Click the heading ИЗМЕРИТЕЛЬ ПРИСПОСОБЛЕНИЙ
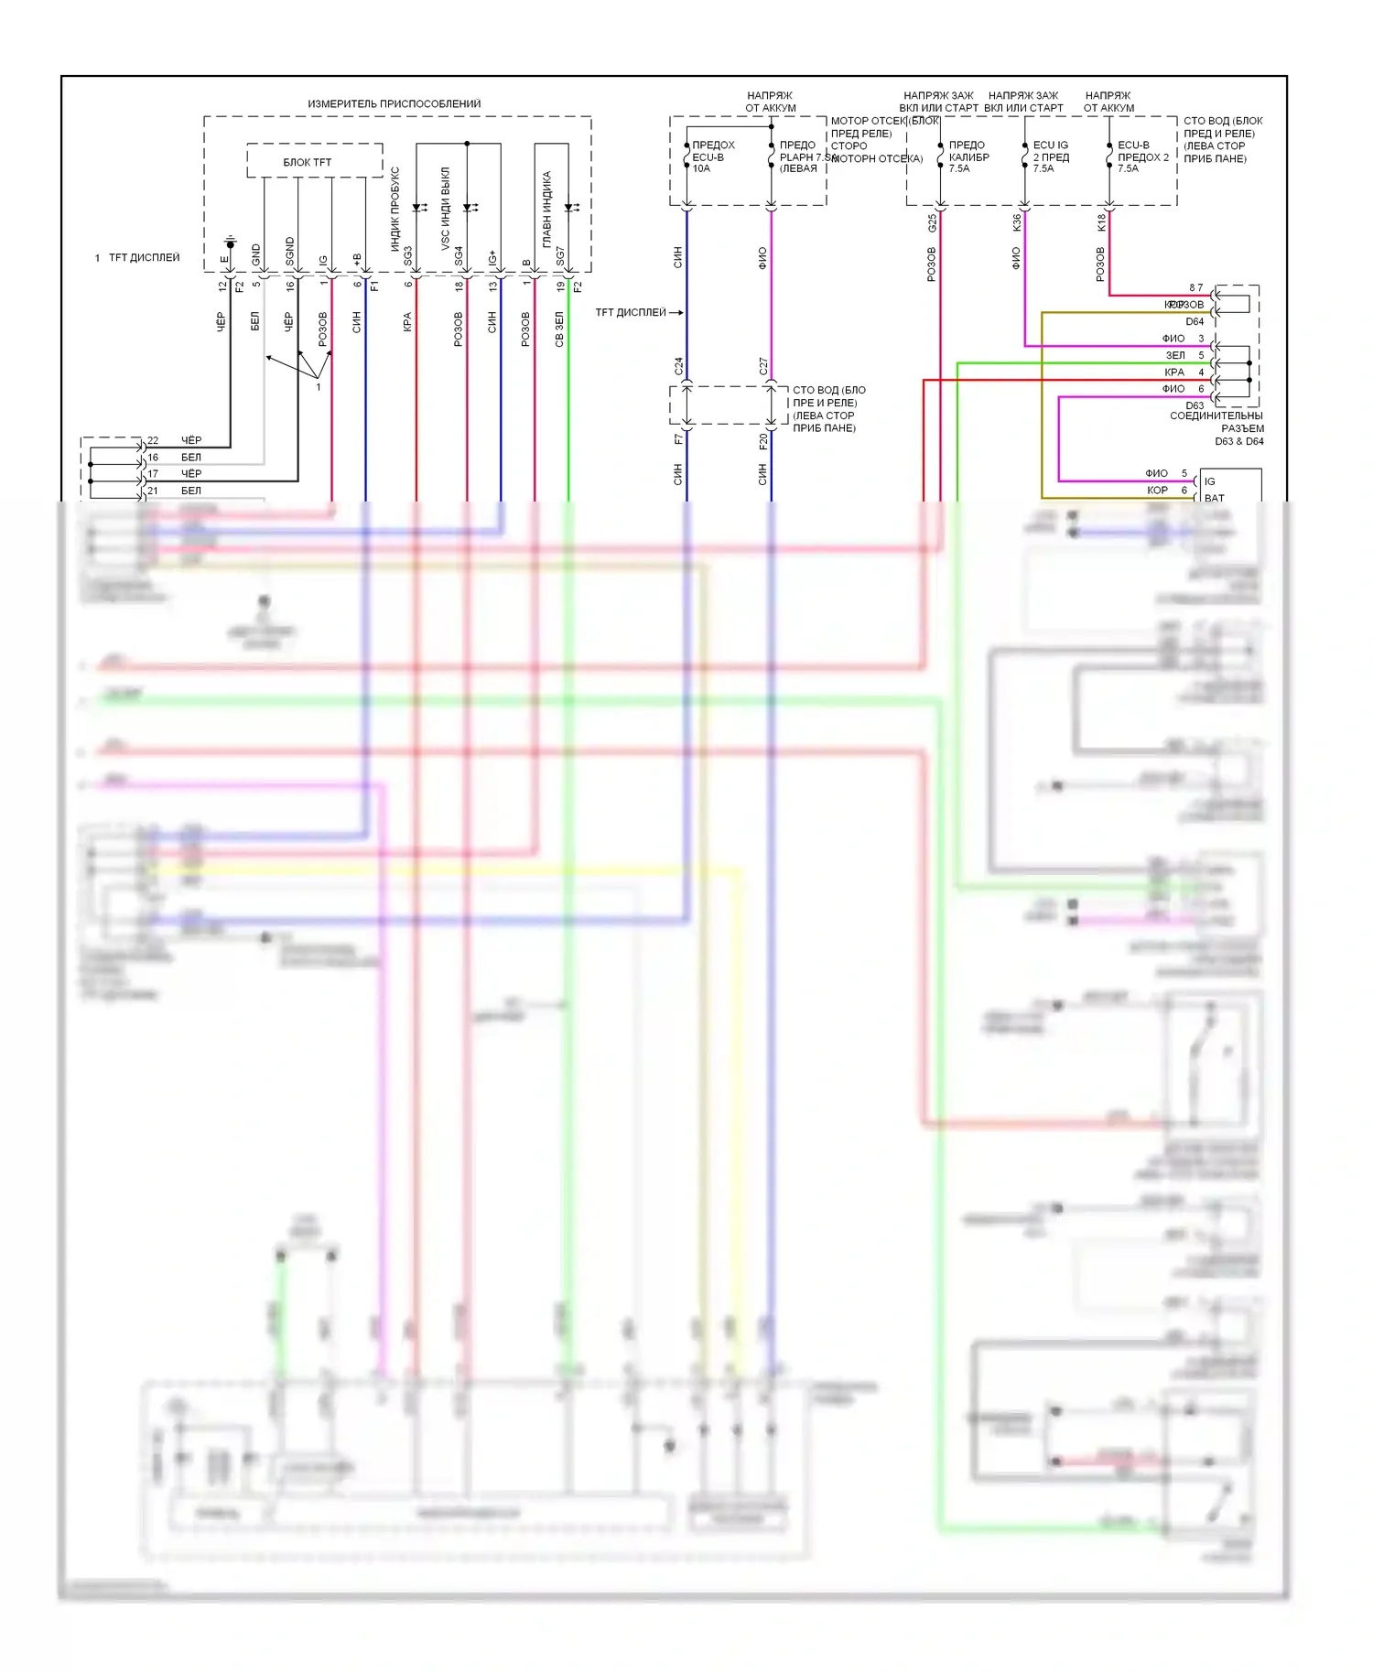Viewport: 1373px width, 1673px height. point(394,104)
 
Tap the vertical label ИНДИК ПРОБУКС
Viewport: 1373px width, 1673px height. point(395,210)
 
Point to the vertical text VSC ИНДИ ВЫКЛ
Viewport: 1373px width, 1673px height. point(446,209)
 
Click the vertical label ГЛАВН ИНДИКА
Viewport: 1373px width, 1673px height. point(547,210)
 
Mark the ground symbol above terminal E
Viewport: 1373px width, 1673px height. point(231,244)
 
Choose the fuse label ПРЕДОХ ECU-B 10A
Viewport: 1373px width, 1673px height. point(713,157)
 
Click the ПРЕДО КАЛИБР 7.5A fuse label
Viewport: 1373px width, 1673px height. point(968,157)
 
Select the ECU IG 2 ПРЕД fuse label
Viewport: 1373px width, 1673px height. point(1051,157)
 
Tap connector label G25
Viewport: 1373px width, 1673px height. point(932,222)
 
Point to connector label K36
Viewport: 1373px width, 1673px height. point(1016,222)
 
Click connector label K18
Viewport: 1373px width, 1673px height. point(1101,222)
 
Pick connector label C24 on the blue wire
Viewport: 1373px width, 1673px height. point(678,366)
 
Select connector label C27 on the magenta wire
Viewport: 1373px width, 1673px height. point(763,366)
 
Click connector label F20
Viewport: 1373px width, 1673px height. point(763,441)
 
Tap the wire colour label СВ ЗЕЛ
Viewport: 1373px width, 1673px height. point(559,329)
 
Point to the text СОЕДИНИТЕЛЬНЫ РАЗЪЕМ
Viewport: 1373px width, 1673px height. point(1217,422)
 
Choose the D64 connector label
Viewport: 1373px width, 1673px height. point(1195,321)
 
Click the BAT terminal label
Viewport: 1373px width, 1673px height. point(1214,498)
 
